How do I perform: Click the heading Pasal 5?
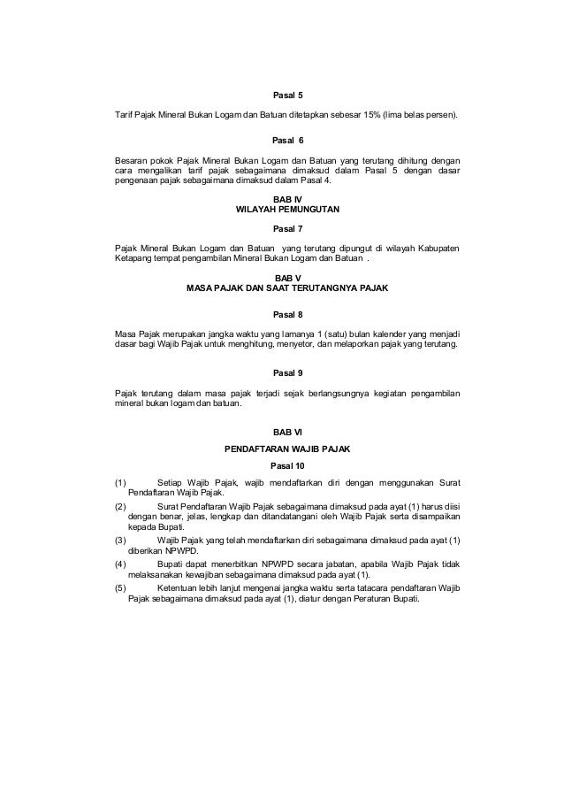288,92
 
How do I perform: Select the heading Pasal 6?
288,140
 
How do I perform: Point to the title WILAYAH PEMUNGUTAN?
288,211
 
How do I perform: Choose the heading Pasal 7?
288,227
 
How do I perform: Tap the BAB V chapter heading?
288,278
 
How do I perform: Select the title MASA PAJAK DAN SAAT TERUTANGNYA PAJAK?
288,288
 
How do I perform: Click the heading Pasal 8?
288,313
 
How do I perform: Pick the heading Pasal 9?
288,372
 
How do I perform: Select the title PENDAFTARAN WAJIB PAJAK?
288,449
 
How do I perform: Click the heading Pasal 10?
288,465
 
